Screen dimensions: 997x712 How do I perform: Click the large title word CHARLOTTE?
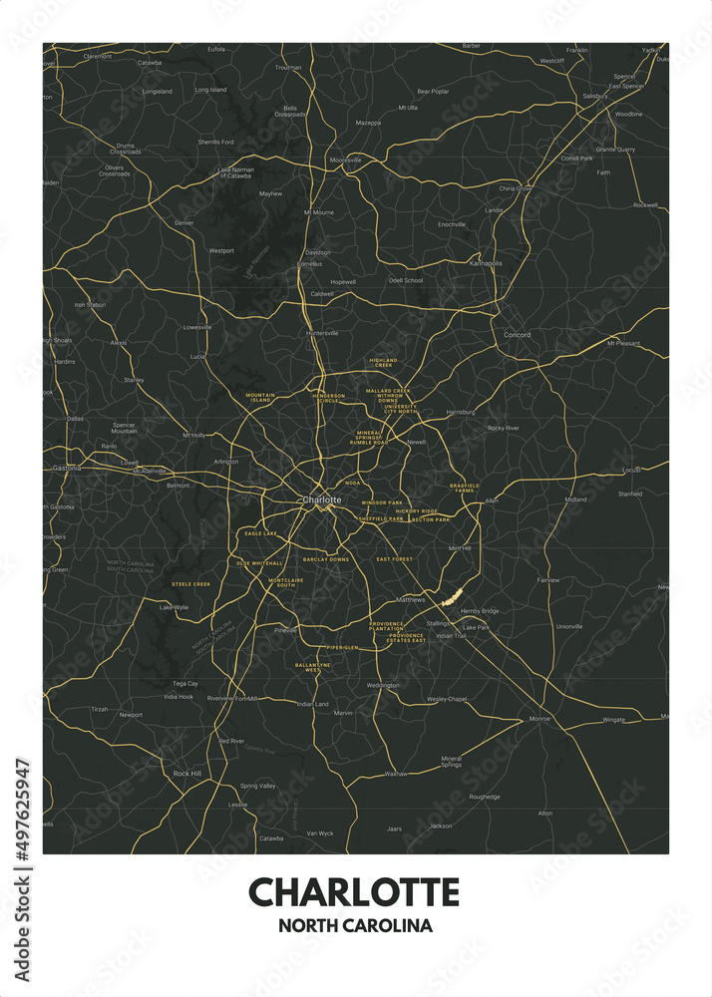355,890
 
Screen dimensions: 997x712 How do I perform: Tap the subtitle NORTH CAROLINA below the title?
355,925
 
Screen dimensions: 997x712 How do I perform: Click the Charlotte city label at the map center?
321,498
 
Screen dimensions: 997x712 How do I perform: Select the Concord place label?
517,334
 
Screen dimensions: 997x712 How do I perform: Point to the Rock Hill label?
187,773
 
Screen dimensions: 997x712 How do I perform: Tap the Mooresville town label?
346,160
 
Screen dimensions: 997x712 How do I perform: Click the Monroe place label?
539,718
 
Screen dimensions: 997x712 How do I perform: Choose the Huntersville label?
323,333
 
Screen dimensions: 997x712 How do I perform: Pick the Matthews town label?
411,599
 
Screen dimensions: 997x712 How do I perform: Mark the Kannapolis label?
486,263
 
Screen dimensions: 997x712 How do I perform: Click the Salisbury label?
594,96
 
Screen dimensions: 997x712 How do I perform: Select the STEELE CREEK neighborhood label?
190,583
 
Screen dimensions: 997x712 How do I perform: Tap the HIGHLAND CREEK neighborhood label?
383,362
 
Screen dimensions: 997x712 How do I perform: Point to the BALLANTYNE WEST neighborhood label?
307,668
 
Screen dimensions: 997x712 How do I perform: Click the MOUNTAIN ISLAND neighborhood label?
259,398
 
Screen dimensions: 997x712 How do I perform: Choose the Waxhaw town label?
396,773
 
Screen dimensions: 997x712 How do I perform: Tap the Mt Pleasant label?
623,343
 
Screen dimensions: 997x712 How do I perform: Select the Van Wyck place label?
320,832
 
